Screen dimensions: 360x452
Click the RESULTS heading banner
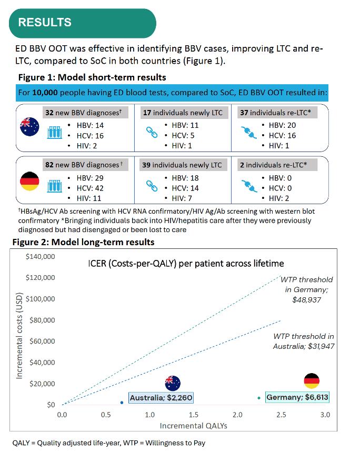[83, 23]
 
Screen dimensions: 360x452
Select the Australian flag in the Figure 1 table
[29, 126]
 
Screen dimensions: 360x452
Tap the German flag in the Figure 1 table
[29, 181]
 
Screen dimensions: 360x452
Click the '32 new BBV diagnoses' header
[85, 113]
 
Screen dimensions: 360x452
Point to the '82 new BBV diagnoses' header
[85, 165]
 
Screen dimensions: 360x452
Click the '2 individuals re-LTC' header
[277, 165]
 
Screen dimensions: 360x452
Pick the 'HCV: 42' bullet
[90, 188]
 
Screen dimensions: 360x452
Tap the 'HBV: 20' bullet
[282, 125]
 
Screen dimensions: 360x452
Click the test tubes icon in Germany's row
[55, 186]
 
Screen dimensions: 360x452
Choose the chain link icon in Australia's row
[152, 132]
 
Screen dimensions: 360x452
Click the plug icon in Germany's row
[249, 186]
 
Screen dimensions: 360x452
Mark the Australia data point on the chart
[122, 403]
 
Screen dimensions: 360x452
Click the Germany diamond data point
[259, 398]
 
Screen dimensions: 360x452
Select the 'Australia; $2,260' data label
[161, 398]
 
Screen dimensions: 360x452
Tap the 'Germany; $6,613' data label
[297, 397]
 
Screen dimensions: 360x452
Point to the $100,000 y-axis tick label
[41, 299]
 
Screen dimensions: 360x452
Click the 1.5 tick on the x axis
[193, 415]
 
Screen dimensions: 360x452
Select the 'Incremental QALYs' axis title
[193, 426]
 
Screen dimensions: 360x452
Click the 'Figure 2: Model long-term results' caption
[83, 242]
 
